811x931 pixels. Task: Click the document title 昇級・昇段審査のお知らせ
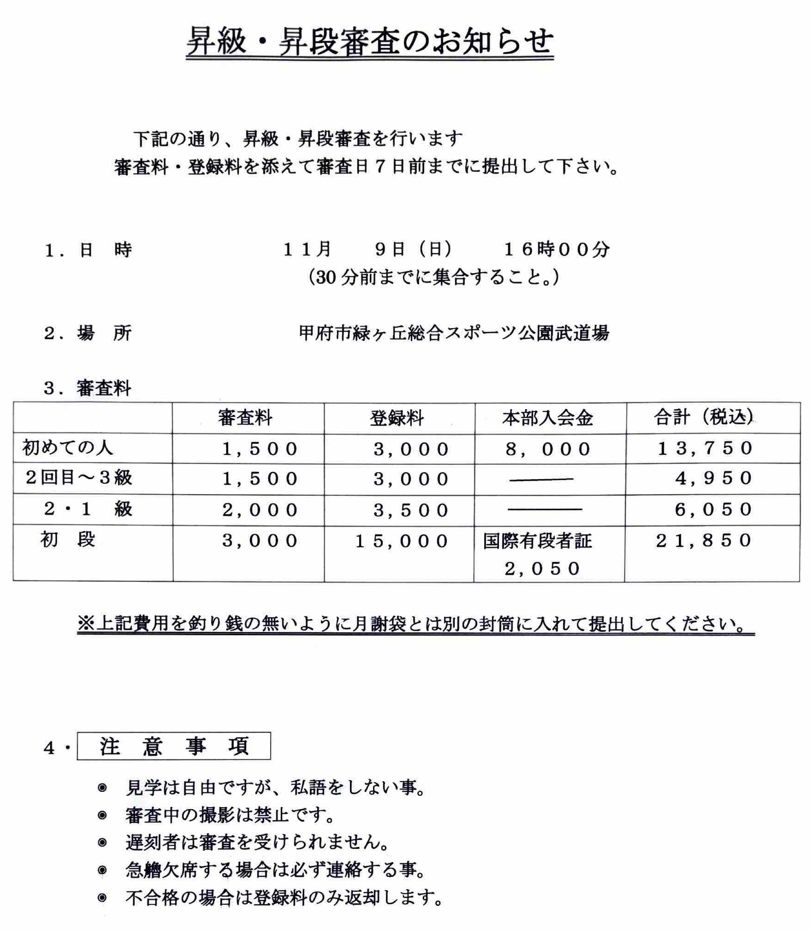[x=370, y=42]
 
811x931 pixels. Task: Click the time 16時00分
[x=557, y=249]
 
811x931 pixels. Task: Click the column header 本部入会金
[x=547, y=418]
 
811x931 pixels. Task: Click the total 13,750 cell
[x=705, y=448]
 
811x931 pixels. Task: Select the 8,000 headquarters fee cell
[x=548, y=449]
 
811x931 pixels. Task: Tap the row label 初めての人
[x=67, y=448]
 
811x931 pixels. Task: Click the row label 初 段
[x=67, y=539]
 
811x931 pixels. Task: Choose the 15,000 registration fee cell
[x=401, y=541]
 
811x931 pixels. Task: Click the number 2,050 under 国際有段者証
[x=542, y=569]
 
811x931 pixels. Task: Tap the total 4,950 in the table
[x=713, y=478]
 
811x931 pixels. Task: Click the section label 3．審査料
[x=87, y=389]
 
